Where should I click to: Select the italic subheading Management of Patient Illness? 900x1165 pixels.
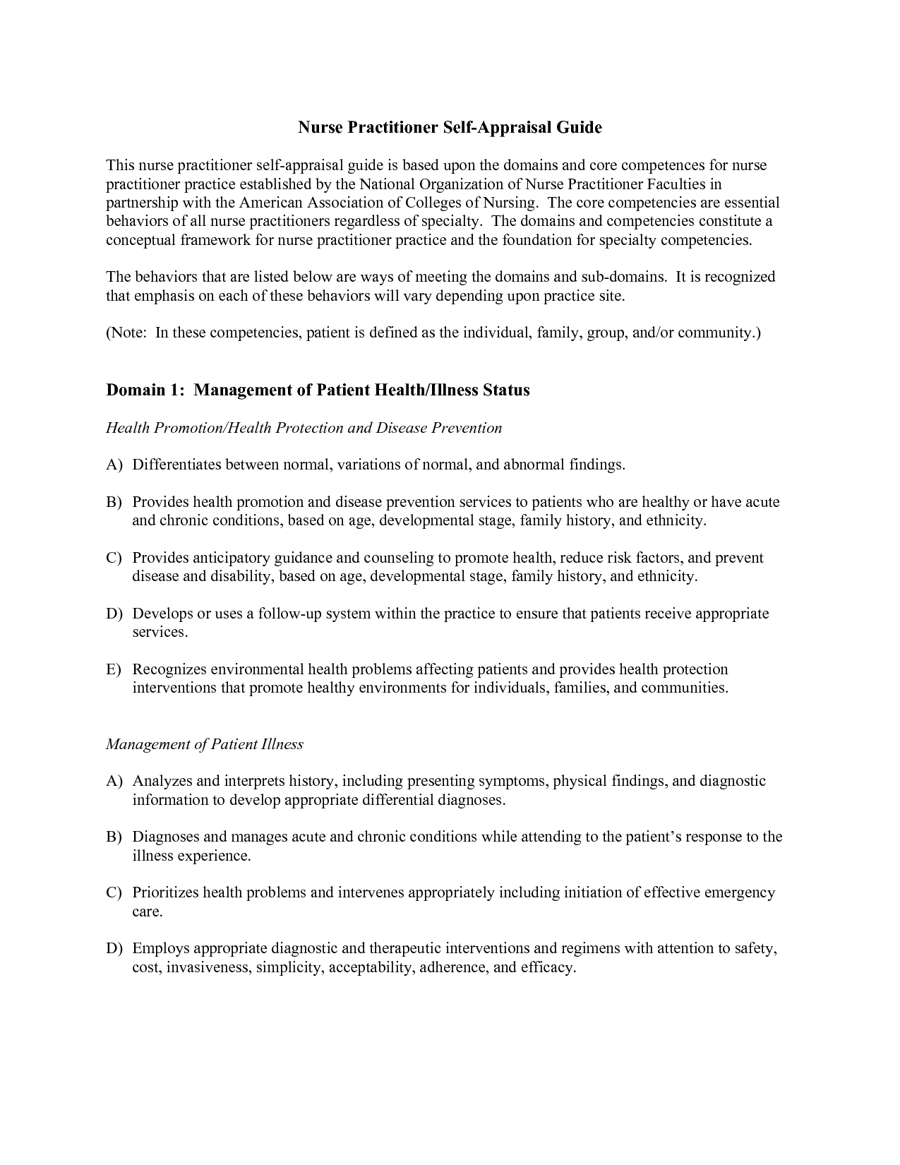[205, 744]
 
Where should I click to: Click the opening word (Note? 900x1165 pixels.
[127, 333]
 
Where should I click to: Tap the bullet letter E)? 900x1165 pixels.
[114, 669]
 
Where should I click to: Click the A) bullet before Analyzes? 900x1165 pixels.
[114, 782]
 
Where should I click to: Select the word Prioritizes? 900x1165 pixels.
[166, 893]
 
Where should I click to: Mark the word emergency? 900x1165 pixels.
[739, 893]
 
